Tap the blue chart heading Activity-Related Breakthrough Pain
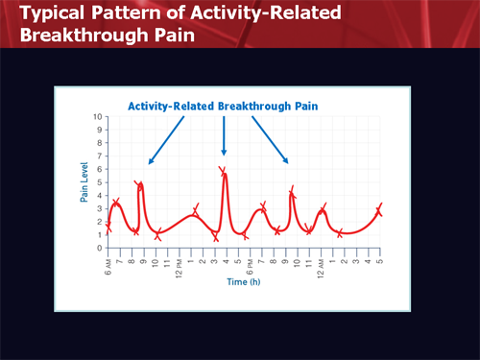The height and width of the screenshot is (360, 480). (x=223, y=106)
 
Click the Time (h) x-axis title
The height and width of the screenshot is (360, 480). (x=245, y=282)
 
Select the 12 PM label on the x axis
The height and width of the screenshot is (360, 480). (x=179, y=261)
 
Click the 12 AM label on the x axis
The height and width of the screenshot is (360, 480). (x=320, y=261)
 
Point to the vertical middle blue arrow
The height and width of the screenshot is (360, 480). (x=224, y=134)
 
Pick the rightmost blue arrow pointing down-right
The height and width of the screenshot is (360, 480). (x=270, y=139)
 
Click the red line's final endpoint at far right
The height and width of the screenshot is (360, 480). (x=381, y=207)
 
